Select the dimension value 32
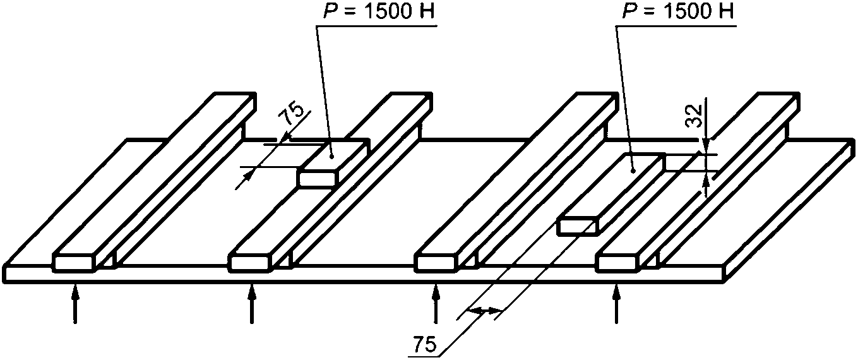(693, 116)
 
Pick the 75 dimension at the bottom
(424, 345)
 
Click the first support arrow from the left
(76, 303)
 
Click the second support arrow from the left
(252, 303)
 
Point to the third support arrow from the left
(435, 303)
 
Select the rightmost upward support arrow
(616, 303)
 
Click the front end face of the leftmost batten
(74, 263)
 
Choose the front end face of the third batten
(437, 263)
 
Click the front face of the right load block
(576, 226)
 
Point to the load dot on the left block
(333, 156)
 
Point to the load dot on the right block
(633, 171)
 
